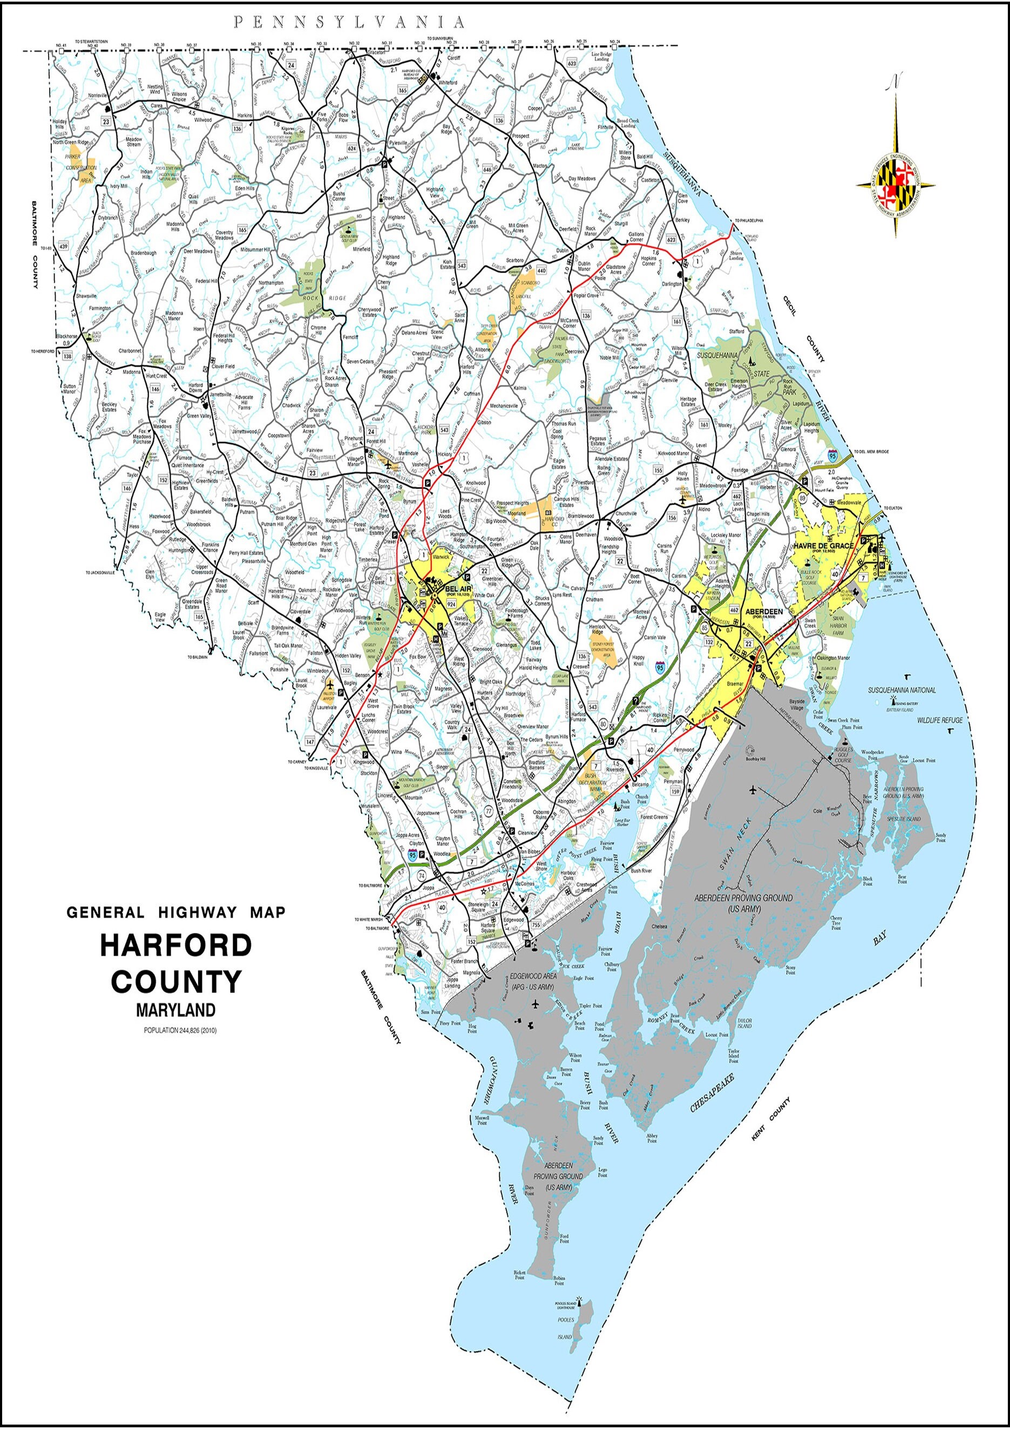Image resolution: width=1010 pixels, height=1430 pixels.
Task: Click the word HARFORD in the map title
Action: point(176,945)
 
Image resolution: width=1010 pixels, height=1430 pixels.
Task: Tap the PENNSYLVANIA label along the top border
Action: point(349,23)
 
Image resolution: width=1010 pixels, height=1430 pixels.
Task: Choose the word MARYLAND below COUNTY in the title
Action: point(175,1009)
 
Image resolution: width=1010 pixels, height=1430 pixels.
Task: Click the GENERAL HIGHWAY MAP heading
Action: point(175,912)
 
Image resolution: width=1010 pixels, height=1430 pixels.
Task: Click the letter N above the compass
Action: point(896,81)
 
